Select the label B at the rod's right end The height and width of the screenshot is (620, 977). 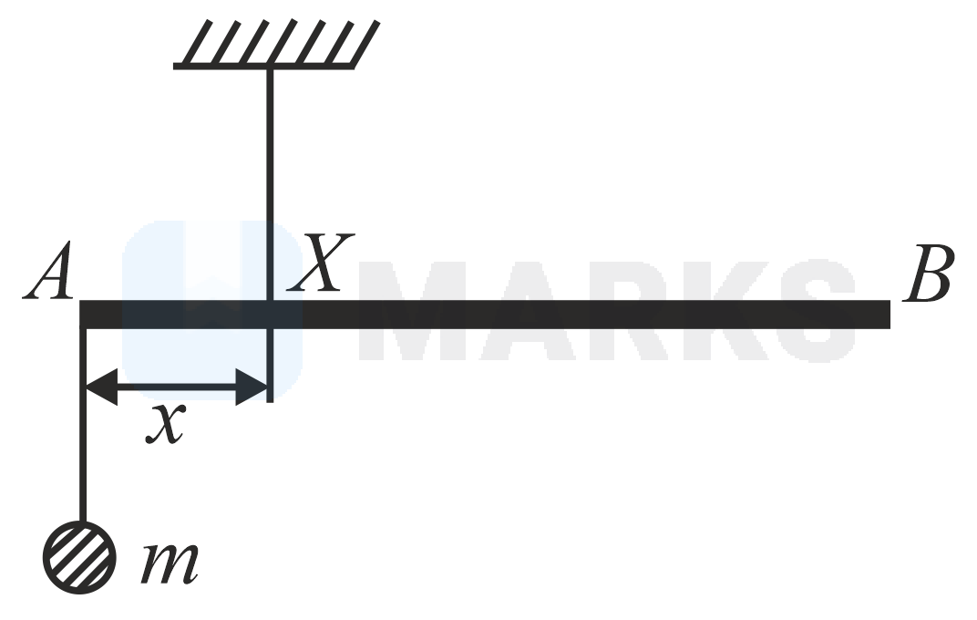[927, 274]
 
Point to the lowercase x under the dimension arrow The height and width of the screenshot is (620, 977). [165, 425]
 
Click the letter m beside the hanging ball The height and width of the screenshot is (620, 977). [170, 562]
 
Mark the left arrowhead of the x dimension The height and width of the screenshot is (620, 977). [100, 387]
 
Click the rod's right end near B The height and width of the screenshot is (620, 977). [886, 314]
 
